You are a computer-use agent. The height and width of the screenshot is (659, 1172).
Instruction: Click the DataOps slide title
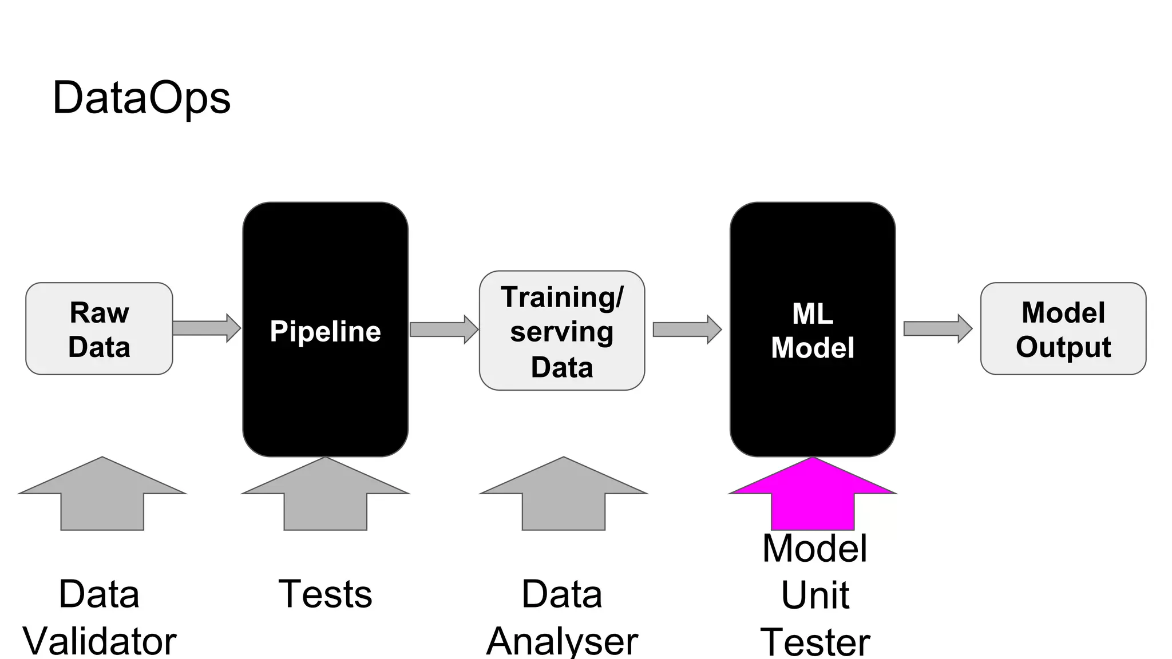pyautogui.click(x=141, y=98)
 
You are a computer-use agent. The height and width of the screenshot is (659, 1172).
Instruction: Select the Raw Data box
pyautogui.click(x=99, y=329)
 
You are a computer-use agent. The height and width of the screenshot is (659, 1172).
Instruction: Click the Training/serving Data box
pyautogui.click(x=562, y=331)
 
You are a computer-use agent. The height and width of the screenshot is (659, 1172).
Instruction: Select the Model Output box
pyautogui.click(x=1063, y=329)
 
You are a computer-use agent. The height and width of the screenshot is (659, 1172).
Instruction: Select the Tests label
pyautogui.click(x=325, y=594)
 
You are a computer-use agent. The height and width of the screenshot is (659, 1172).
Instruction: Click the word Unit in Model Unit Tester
pyautogui.click(x=815, y=596)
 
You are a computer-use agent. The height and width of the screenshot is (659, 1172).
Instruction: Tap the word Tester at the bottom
pyautogui.click(x=815, y=642)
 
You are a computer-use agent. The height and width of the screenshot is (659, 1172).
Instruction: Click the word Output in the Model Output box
pyautogui.click(x=1063, y=347)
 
